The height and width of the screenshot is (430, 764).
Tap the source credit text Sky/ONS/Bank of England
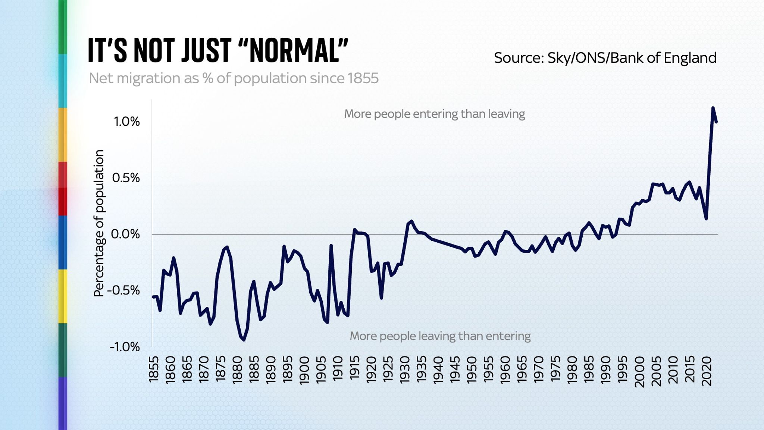pyautogui.click(x=605, y=58)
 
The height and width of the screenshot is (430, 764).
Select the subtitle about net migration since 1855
pyautogui.click(x=234, y=78)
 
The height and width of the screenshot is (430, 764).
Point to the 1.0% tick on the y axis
pyautogui.click(x=127, y=122)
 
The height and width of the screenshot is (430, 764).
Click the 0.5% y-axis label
pyautogui.click(x=126, y=178)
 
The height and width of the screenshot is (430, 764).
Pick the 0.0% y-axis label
pyautogui.click(x=126, y=234)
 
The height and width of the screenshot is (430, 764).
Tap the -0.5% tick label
pyautogui.click(x=124, y=291)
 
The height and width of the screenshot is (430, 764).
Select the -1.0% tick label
pyautogui.click(x=125, y=347)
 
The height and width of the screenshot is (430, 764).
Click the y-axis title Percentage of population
pyautogui.click(x=99, y=223)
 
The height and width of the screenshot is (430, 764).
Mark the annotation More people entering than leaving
pyautogui.click(x=434, y=114)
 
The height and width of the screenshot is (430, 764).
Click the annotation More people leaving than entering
pyautogui.click(x=440, y=336)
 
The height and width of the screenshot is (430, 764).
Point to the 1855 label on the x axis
pyautogui.click(x=154, y=369)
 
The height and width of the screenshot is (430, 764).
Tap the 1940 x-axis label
pyautogui.click(x=439, y=370)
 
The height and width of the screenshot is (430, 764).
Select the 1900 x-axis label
pyautogui.click(x=304, y=370)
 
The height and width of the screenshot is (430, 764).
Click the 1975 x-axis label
pyautogui.click(x=556, y=370)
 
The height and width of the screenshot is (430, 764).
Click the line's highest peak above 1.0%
pyautogui.click(x=713, y=108)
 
